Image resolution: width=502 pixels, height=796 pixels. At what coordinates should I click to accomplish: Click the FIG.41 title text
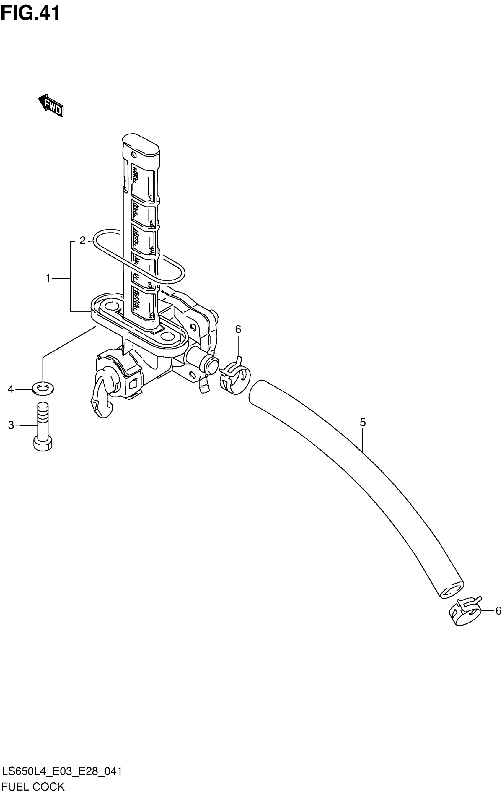30,13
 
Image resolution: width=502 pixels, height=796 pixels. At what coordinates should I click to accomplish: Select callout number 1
48,279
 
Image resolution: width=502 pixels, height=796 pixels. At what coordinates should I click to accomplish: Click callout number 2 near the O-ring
82,240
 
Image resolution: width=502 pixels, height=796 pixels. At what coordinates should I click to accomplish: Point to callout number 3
11,425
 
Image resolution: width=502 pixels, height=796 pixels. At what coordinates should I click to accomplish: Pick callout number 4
11,389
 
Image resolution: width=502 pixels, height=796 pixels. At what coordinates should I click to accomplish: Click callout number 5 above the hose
363,422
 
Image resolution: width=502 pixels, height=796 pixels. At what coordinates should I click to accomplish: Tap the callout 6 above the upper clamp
238,329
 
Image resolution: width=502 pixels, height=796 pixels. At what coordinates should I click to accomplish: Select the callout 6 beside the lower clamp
498,610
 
